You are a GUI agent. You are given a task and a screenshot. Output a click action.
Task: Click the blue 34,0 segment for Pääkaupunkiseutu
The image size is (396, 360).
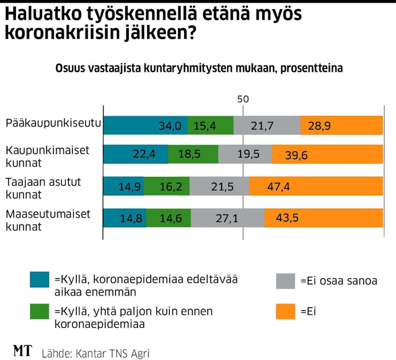pyautogui.click(x=145, y=125)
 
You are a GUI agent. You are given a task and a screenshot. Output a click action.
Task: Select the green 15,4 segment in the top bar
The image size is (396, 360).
pyautogui.click(x=210, y=125)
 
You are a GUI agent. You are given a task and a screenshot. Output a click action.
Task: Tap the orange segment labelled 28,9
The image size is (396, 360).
pyautogui.click(x=341, y=125)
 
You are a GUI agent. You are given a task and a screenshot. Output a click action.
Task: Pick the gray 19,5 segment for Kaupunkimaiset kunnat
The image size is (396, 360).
pyautogui.click(x=245, y=154)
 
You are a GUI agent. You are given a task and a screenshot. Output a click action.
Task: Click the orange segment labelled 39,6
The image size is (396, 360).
pyautogui.click(x=327, y=154)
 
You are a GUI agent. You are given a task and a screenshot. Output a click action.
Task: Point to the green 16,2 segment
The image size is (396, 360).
pyautogui.click(x=166, y=186)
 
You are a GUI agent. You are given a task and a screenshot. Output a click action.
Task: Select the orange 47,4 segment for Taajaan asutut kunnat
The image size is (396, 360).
pyautogui.click(x=315, y=186)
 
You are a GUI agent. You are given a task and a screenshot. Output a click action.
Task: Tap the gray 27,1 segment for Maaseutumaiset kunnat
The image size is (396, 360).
pyautogui.click(x=227, y=218)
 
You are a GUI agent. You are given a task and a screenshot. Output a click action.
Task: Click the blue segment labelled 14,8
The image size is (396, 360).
pyautogui.click(x=124, y=218)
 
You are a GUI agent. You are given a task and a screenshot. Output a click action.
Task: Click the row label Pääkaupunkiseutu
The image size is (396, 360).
pyautogui.click(x=53, y=123)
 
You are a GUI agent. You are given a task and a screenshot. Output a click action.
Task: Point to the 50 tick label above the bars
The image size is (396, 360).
pyautogui.click(x=243, y=99)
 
